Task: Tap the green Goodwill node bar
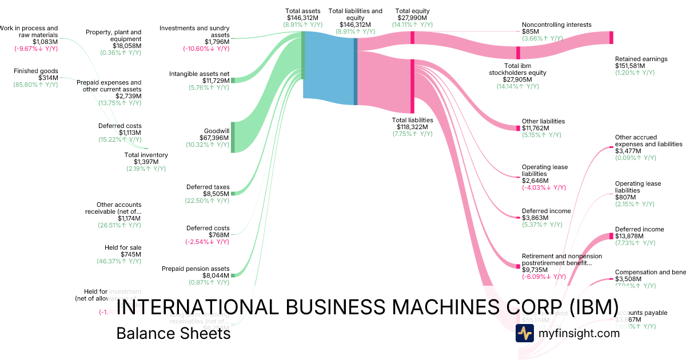[233, 137]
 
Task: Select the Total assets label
[303, 11]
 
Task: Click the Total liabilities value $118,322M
[413, 127]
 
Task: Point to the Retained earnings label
[641, 59]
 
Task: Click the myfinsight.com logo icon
[524, 333]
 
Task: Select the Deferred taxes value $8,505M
[217, 194]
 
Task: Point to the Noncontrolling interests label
[556, 25]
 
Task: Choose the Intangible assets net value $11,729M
[215, 81]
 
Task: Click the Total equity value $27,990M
[412, 18]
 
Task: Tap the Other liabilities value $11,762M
[535, 128]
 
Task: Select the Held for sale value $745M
[130, 254]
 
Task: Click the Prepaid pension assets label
[196, 269]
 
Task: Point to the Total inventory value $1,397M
[146, 162]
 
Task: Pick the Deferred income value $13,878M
[629, 236]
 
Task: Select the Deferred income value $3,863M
[535, 218]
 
